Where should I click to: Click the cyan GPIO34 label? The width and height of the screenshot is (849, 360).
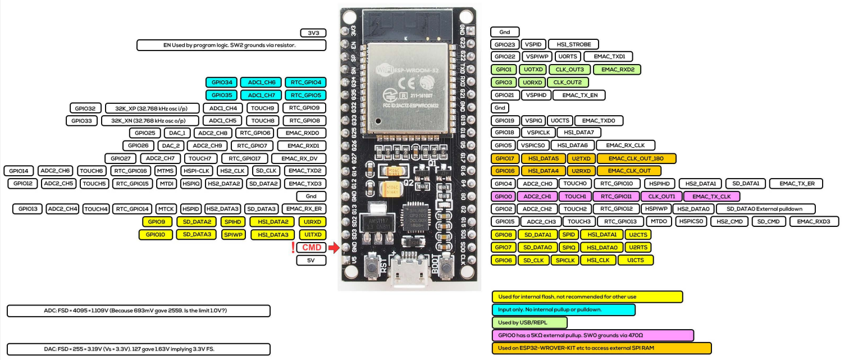click(222, 82)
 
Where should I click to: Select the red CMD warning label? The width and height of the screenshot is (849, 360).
click(312, 248)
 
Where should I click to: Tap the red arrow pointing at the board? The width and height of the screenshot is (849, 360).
click(334, 248)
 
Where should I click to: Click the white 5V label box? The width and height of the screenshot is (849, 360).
click(311, 261)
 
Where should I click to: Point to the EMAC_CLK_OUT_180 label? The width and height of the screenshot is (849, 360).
click(637, 158)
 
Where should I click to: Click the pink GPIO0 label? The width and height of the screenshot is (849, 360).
click(503, 197)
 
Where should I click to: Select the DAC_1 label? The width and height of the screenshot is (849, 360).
click(177, 133)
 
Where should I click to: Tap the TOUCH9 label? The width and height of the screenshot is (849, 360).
click(262, 108)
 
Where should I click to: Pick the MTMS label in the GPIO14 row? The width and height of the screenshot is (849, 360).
click(166, 171)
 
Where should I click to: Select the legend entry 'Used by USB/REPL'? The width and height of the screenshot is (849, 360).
click(529, 322)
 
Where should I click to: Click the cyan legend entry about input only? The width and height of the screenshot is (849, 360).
click(563, 309)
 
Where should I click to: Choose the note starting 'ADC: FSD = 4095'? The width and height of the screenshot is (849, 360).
click(138, 311)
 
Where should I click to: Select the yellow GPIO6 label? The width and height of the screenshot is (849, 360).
click(503, 260)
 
